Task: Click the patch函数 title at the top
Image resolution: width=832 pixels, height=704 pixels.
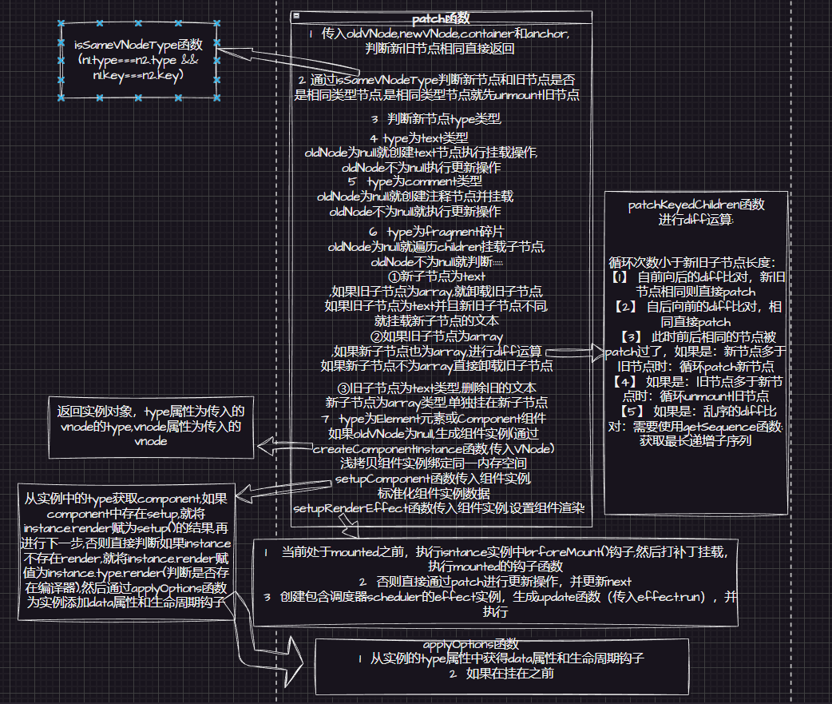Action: pyautogui.click(x=441, y=18)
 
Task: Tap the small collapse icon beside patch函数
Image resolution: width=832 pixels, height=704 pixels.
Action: pyautogui.click(x=296, y=16)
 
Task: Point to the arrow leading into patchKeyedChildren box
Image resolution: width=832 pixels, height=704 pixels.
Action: pyautogui.click(x=575, y=351)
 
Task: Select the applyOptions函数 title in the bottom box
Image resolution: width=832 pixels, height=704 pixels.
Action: pyautogui.click(x=471, y=644)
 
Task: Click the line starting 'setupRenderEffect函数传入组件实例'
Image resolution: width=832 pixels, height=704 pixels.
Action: pyautogui.click(x=439, y=508)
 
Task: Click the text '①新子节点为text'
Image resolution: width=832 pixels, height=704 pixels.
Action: pyautogui.click(x=435, y=276)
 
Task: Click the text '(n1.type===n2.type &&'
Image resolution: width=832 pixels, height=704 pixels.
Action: pyautogui.click(x=138, y=60)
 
